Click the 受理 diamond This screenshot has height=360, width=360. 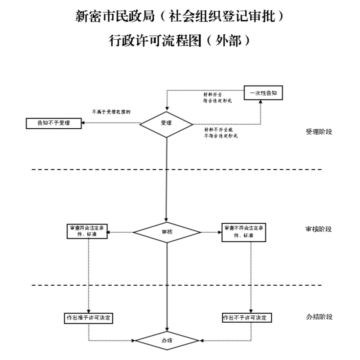tap(166, 123)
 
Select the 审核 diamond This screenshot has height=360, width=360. tap(167, 232)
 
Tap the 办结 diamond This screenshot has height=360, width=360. tap(167, 340)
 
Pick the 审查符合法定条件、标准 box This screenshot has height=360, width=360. tap(86, 231)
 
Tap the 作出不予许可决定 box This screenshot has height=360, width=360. tap(247, 318)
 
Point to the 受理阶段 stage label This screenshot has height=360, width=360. tap(319, 132)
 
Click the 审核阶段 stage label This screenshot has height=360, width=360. tap(319, 229)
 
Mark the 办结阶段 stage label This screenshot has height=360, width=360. tap(319, 317)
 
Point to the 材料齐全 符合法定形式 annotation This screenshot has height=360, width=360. tap(217, 98)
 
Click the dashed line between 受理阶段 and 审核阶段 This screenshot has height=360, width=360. tap(90, 170)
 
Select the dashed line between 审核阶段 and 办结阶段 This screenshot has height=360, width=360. tap(90, 285)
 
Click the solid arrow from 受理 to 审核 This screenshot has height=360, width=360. tap(166, 180)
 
